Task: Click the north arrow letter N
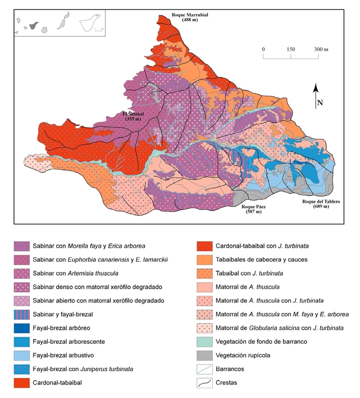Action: click(x=320, y=103)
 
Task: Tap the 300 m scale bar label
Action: click(x=321, y=49)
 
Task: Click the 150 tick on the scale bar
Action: click(x=291, y=49)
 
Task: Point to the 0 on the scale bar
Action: click(x=263, y=49)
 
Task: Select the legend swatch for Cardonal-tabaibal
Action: click(x=21, y=384)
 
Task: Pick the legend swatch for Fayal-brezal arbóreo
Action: click(x=21, y=328)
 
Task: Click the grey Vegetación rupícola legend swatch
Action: click(x=204, y=356)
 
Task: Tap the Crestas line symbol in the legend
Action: click(x=204, y=384)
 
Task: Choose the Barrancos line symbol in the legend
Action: click(x=204, y=370)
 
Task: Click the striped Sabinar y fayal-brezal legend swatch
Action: click(x=21, y=314)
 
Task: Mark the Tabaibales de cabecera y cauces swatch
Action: click(x=204, y=259)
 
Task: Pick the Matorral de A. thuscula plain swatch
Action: click(x=204, y=287)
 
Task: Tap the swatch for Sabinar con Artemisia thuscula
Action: click(x=21, y=273)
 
